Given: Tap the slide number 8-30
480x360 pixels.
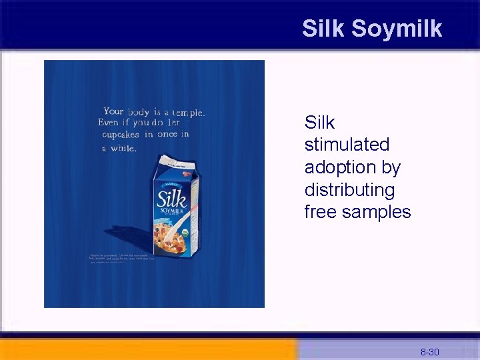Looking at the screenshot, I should click(429, 351).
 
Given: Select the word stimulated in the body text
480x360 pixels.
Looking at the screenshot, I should click(347, 145).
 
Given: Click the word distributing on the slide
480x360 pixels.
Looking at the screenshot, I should click(349, 190).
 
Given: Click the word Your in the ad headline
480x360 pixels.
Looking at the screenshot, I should click(113, 111).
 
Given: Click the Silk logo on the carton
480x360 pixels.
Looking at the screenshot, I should click(171, 199).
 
